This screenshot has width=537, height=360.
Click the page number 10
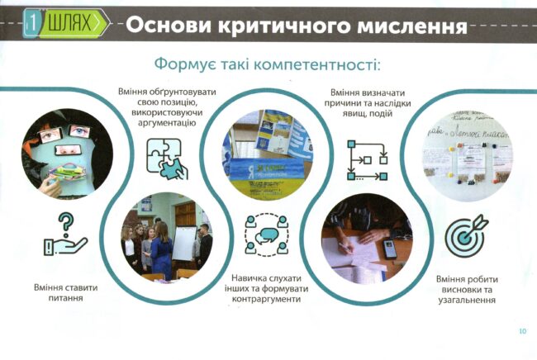click(x=522, y=331)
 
